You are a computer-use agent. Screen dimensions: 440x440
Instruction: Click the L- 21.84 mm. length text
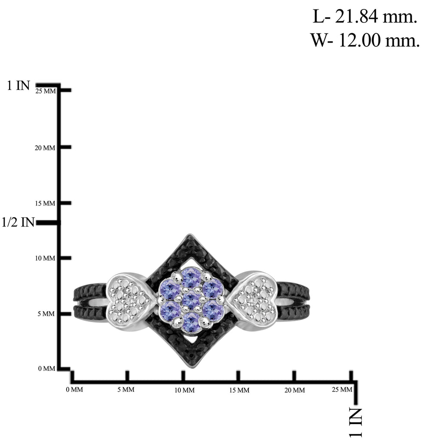pos(365,17)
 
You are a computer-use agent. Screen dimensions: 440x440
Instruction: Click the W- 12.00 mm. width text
pos(365,40)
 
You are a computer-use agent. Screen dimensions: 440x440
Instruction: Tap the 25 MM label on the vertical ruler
pos(46,91)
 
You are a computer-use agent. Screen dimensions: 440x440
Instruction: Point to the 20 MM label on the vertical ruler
pos(45,148)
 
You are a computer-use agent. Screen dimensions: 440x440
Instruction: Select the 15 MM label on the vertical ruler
pos(45,203)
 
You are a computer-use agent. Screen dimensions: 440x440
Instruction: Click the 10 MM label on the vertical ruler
pos(45,258)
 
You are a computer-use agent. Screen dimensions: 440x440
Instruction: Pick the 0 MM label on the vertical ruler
pos(46,368)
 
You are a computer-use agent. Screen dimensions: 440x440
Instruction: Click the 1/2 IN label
pos(18,222)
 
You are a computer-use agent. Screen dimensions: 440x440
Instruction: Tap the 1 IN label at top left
pos(18,86)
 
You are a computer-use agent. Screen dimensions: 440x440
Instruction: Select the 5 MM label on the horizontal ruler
pos(126,389)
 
